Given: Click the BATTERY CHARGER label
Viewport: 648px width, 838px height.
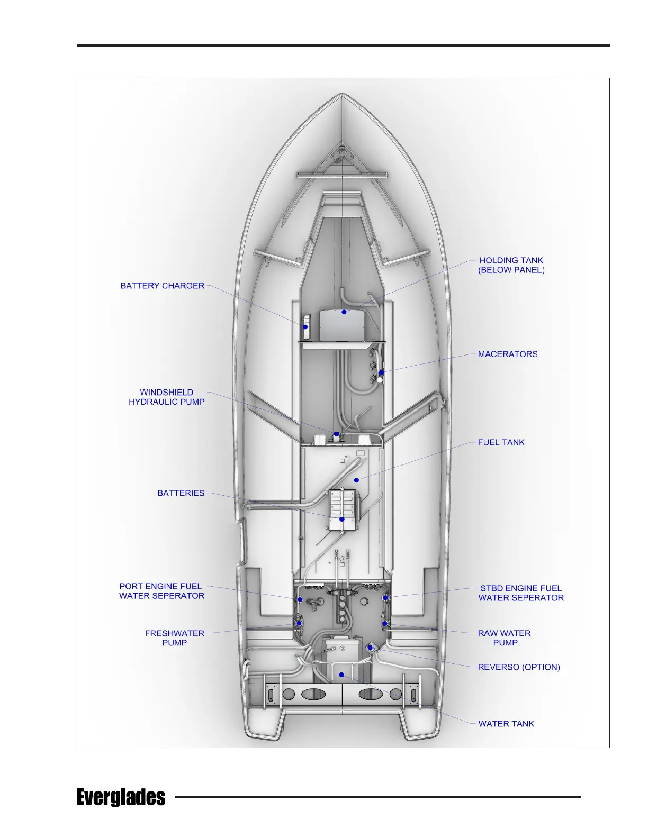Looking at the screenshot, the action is [162, 286].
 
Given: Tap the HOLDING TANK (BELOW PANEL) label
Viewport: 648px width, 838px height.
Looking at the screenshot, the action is [511, 265].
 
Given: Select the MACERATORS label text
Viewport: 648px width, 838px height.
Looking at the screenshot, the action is [507, 354].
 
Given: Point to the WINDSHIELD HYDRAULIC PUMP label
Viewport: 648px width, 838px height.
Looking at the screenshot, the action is [166, 397].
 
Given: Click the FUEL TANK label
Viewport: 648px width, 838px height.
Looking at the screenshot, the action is [501, 442].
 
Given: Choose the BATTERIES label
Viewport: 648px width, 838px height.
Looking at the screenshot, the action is [181, 493].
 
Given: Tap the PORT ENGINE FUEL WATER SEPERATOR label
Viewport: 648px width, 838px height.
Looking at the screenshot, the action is [161, 591].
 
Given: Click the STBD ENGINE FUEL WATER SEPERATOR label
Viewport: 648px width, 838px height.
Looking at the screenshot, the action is [521, 593].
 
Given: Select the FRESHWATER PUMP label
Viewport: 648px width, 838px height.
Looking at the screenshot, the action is [174, 638].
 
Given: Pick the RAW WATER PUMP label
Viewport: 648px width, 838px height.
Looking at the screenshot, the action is [505, 638].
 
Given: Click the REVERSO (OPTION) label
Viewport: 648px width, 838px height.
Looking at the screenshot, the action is [519, 667].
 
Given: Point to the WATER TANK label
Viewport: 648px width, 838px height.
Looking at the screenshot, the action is [506, 724].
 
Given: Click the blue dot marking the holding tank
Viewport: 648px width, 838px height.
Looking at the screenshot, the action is [344, 312].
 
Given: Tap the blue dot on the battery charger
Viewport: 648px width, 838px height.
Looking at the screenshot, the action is [305, 327].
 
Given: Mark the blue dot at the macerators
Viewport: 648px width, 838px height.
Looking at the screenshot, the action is [381, 372].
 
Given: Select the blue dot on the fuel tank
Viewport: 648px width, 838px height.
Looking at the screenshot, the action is [357, 480].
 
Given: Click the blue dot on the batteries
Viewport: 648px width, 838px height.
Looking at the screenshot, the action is [342, 520].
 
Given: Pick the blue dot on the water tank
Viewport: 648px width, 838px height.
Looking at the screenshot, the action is [342, 675].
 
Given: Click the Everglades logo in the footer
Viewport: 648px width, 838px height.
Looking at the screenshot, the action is [121, 797].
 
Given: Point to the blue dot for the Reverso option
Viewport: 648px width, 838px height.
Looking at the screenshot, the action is [370, 647].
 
